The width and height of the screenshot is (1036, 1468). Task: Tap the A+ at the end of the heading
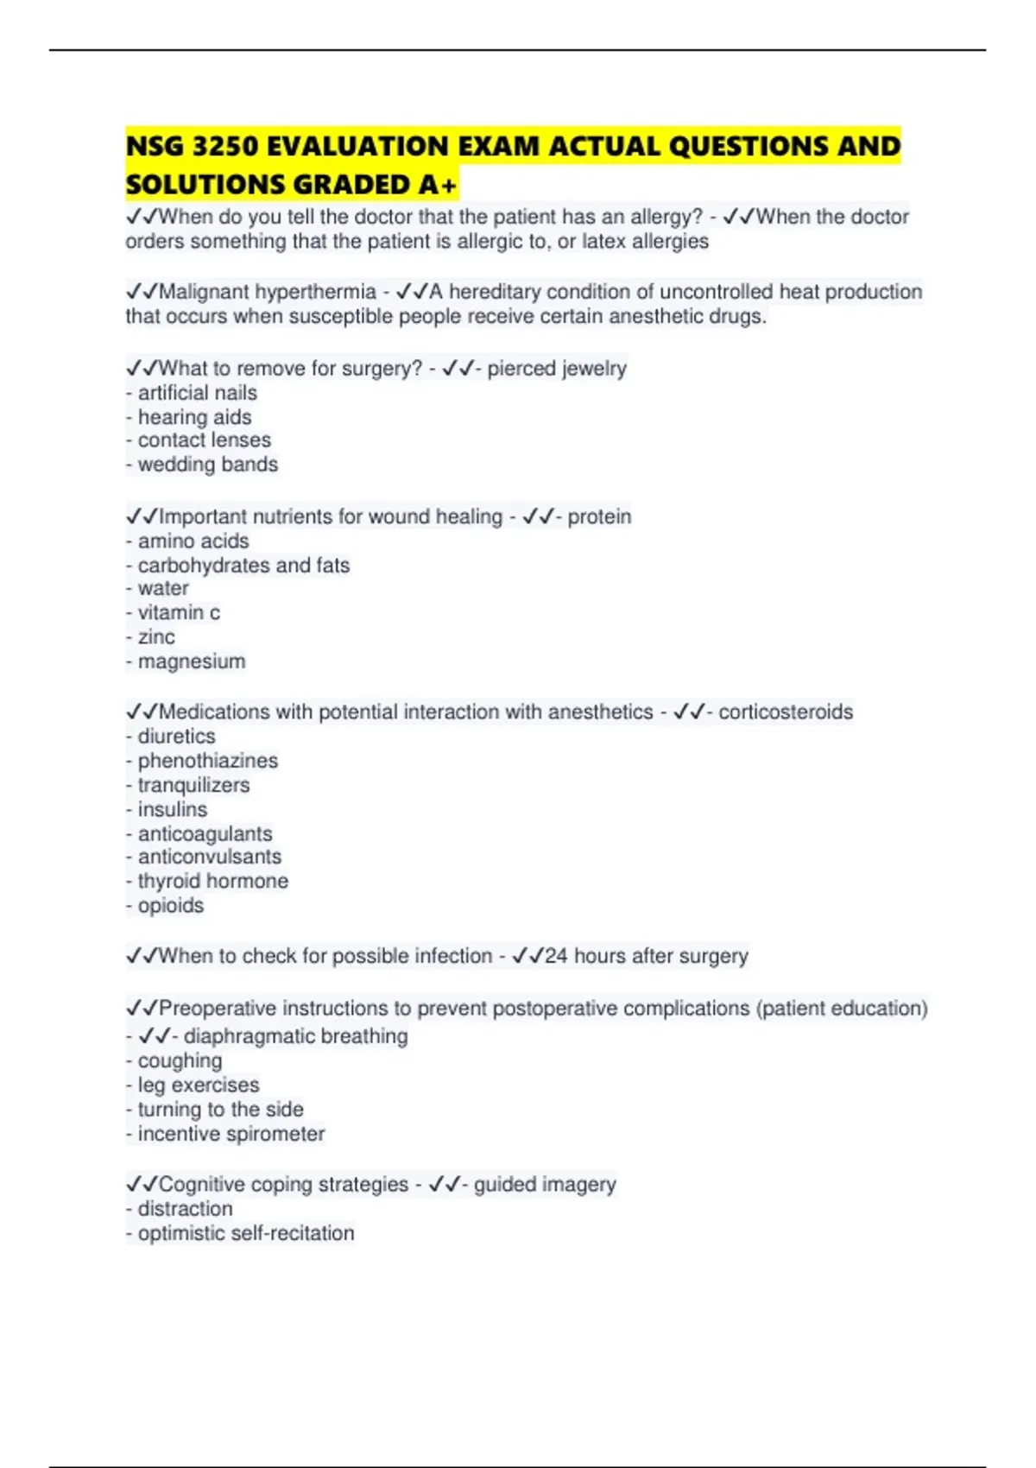[x=436, y=185]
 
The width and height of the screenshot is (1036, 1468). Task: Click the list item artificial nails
[x=197, y=393]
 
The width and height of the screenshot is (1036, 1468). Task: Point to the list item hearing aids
[x=194, y=417]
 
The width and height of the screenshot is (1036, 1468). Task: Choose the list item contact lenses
[x=204, y=440]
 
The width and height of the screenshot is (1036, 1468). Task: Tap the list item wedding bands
[x=207, y=465]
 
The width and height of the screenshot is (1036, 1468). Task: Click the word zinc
[x=156, y=637]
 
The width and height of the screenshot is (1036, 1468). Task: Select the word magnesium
[x=192, y=661]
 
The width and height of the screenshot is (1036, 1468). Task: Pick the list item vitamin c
[x=179, y=613]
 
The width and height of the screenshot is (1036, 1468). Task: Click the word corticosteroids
[x=786, y=712]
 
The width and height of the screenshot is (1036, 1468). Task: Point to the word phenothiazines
[x=208, y=761]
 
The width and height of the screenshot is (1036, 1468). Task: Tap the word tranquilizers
[x=193, y=785]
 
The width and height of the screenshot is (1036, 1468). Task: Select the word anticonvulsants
[x=210, y=857]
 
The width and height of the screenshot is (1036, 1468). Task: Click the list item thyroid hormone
[x=213, y=881]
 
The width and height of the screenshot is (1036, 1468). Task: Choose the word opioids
[x=171, y=905]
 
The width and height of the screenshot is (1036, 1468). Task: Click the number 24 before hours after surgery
[x=556, y=956]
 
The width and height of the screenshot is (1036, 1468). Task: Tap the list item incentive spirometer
[x=231, y=1134]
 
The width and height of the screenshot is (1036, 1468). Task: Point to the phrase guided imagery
[x=545, y=1184]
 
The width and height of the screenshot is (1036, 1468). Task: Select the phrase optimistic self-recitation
[x=246, y=1233]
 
